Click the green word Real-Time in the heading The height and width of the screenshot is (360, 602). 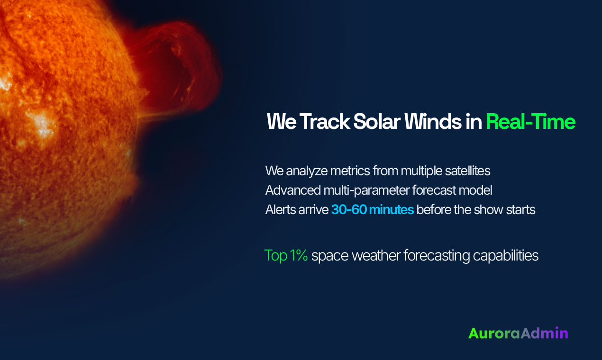(530, 122)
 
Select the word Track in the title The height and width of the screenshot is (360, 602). (323, 122)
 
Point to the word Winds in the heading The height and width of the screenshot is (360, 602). (430, 122)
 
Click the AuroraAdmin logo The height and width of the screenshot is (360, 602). (518, 333)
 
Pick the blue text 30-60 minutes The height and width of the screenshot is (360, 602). (373, 209)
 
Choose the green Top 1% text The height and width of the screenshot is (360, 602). (286, 256)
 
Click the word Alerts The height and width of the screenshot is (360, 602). (281, 209)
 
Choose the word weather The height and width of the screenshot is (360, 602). (374, 256)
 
